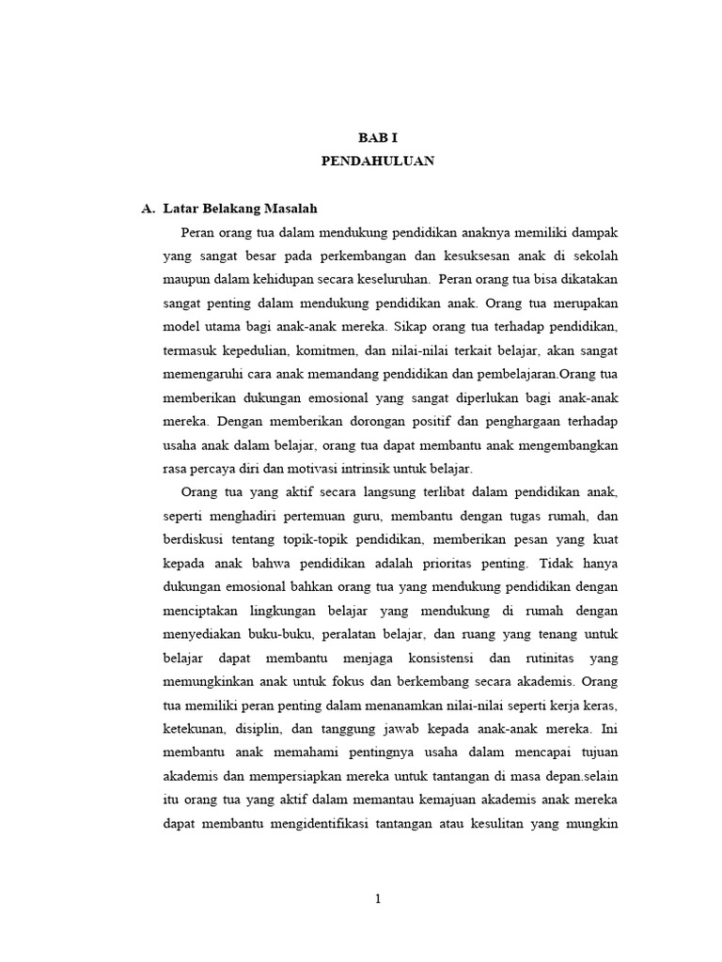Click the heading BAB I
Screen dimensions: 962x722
click(377, 137)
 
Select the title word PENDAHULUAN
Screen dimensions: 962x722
click(377, 161)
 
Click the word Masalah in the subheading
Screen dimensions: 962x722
click(299, 208)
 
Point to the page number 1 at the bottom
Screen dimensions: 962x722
click(377, 899)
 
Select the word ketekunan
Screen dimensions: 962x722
click(195, 729)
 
